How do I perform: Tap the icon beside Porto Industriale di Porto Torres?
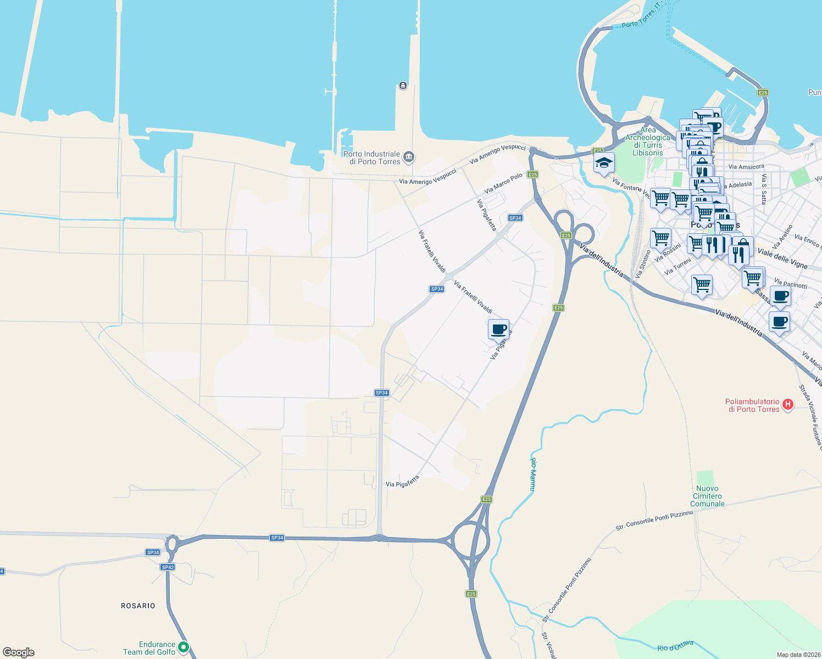(x=408, y=157)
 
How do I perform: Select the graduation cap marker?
(x=603, y=163)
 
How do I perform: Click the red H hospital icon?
(x=788, y=405)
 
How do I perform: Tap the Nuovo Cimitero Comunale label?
(x=707, y=496)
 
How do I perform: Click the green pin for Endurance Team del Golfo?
(x=184, y=647)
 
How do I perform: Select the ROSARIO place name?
(x=138, y=606)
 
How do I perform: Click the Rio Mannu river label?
(x=533, y=474)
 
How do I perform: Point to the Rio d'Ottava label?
(x=675, y=646)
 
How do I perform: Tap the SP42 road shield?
(x=168, y=567)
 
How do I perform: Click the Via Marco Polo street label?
(x=503, y=183)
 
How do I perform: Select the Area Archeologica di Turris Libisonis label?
(x=648, y=142)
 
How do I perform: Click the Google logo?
(x=19, y=652)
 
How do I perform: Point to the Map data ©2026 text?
(x=798, y=655)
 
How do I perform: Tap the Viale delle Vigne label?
(x=782, y=258)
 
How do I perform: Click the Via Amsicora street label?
(x=746, y=167)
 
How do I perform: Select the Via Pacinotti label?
(x=790, y=284)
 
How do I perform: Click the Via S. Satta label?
(x=764, y=189)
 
